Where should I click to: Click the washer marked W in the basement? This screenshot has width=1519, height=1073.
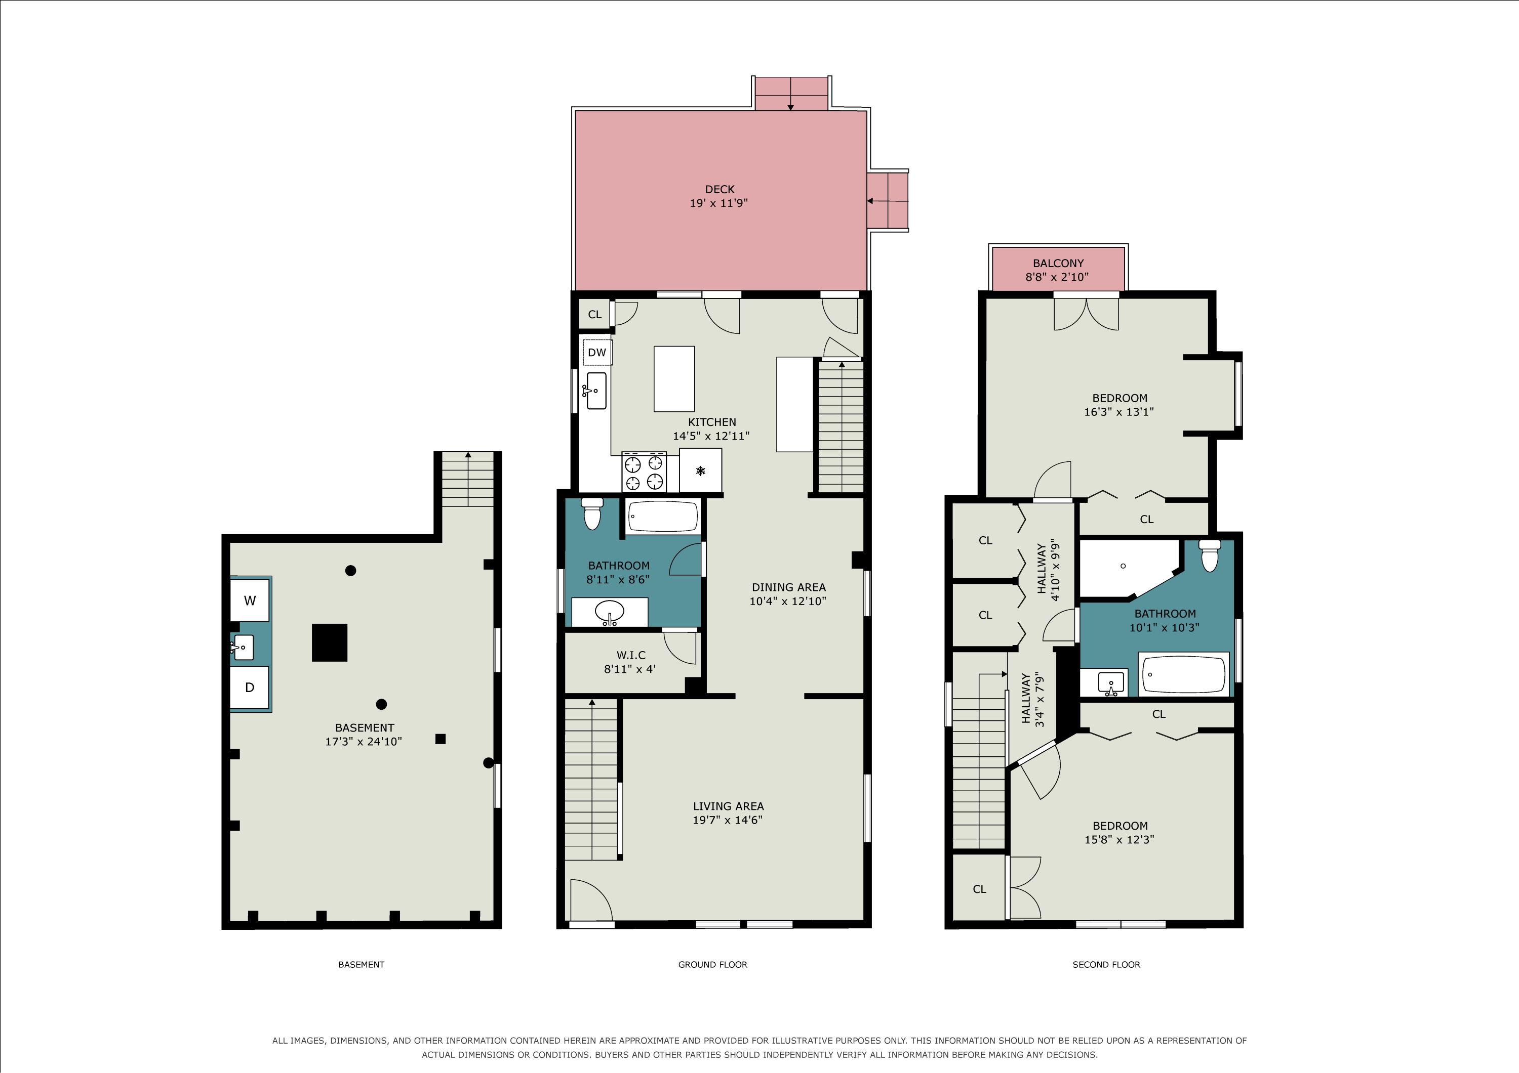pos(250,600)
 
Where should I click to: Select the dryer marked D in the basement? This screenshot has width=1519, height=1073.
pos(250,688)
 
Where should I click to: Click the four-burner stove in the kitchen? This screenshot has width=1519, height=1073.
pos(644,473)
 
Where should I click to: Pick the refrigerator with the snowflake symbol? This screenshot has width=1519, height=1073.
pos(701,470)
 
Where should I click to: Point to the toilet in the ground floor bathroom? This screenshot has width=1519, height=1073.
pos(592,514)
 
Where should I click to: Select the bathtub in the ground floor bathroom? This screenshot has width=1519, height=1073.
pos(663,517)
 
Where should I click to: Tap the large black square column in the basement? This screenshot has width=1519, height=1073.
pos(330,642)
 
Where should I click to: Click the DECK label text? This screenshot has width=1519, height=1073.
pos(720,189)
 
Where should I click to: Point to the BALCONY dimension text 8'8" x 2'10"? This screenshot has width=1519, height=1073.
pos(1057,277)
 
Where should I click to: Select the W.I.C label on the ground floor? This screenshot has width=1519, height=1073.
pos(631,655)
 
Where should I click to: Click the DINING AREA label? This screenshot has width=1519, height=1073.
pos(788,587)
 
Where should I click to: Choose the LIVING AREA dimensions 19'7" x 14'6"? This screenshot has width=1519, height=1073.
pos(728,820)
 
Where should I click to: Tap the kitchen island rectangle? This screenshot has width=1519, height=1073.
pos(674,379)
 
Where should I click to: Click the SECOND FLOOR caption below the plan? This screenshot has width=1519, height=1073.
pos(1106,965)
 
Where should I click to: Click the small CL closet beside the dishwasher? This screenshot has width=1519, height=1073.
pos(595,314)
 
